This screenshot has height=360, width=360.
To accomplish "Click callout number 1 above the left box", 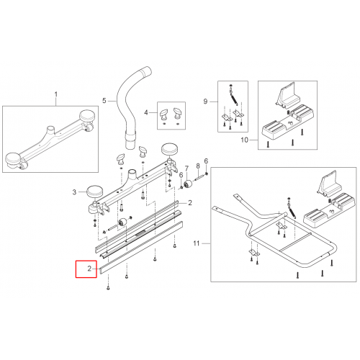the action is pos(56,94).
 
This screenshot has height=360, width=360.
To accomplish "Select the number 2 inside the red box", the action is pos(89,269).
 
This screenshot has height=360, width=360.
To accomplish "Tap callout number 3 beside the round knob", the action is pos(74,192).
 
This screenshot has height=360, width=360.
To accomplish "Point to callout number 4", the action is pos(146,112).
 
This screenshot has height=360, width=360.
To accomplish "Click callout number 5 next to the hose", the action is pos(104,100).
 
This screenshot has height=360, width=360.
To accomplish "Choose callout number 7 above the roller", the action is pos(186,168).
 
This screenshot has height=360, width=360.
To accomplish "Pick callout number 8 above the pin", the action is pos(198,166).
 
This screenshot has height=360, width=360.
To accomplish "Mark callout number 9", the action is pos(205,102).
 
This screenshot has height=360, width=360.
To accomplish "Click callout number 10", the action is pos(244,140).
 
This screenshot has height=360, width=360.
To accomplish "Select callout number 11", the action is pos(197,243).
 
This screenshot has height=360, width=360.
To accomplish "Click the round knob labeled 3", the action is pos(94,191).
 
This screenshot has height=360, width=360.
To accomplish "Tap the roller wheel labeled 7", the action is pos(188,184).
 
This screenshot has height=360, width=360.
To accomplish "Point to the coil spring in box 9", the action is pos(234,98).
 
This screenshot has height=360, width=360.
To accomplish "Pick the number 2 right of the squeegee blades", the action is pos(190,203).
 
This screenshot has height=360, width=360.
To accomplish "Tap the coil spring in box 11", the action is pos(292,209).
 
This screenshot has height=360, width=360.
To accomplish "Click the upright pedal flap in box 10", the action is pos(288,94).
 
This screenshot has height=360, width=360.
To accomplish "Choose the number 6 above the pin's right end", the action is pos(206,161).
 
